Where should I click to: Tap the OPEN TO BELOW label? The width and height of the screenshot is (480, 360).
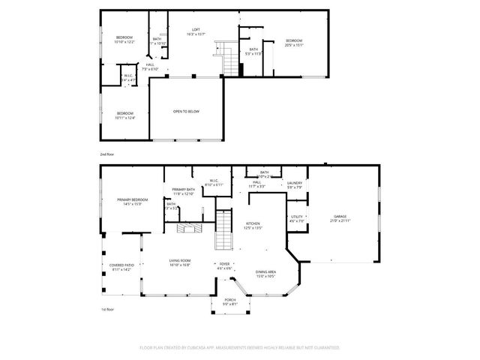186,111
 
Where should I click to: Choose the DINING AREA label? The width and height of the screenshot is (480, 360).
265,273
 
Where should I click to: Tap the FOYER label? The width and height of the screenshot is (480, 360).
224,265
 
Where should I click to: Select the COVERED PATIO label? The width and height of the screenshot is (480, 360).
121,267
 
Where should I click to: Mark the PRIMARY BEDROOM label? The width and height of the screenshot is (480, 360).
132,201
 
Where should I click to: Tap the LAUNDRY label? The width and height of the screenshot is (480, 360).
295,184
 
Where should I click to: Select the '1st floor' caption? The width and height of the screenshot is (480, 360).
108,309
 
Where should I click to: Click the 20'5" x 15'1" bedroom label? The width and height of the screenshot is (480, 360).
293,42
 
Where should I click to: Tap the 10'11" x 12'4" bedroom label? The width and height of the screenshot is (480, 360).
125,115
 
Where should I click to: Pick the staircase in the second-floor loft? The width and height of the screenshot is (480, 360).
223,58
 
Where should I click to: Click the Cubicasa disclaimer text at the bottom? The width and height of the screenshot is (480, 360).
240,348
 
